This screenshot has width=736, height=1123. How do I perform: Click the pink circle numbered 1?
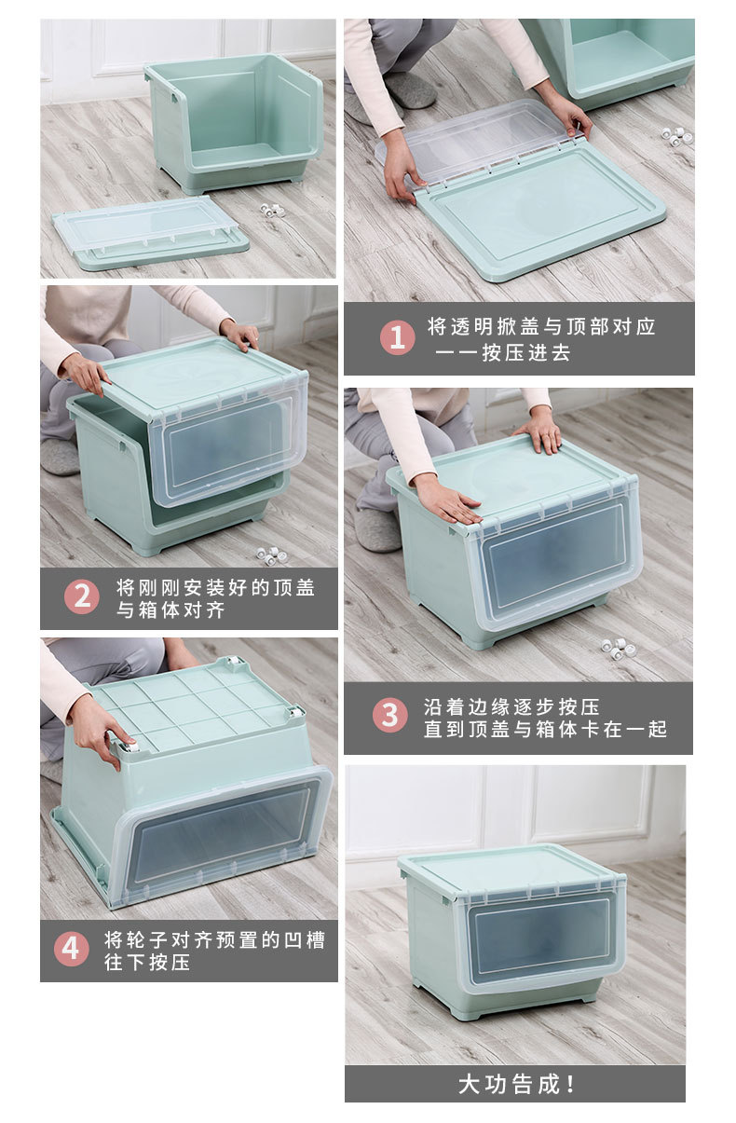397,337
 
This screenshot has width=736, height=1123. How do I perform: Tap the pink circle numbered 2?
82,597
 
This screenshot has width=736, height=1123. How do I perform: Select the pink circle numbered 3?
389,716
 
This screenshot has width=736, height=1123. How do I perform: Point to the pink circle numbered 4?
71,949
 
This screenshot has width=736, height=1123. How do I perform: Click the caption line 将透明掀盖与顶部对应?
541,326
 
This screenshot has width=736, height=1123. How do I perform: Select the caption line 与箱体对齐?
170,610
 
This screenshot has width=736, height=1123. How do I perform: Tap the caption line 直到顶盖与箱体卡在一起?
545,730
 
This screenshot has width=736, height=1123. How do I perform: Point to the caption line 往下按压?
147,962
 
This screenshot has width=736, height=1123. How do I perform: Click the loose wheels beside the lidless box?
272,210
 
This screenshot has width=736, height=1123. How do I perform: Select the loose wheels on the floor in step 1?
676,134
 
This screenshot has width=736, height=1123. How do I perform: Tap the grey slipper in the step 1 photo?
410,90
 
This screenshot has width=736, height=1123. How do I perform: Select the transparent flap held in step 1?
475,140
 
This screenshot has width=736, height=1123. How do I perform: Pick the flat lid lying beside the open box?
149,233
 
